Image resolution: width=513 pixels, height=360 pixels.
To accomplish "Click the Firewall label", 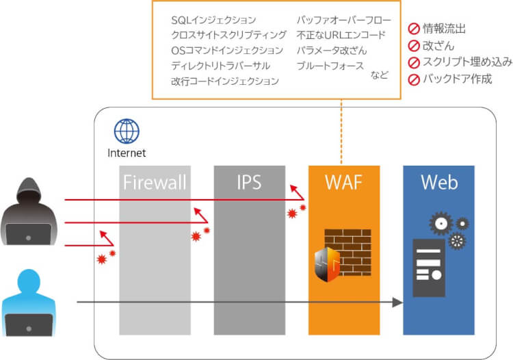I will point(154,183).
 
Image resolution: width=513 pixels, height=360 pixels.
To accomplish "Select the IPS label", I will point(249,183).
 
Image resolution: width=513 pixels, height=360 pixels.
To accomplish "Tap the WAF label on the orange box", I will point(344,183).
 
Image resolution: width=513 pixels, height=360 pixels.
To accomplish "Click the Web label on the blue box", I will point(438,183).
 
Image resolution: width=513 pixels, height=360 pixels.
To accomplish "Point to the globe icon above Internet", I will point(127,131).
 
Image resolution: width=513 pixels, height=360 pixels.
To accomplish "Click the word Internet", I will point(127,153).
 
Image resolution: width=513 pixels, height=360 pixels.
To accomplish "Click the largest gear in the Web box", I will point(441,223).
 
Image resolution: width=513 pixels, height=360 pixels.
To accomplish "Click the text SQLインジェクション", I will point(213,20).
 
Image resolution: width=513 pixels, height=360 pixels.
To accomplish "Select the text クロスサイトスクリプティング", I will point(228,35).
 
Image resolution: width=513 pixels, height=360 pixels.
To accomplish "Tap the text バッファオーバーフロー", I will point(343,20).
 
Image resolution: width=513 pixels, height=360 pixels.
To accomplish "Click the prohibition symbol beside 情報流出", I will point(414,29).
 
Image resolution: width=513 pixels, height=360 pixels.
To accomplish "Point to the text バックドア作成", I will point(458,79).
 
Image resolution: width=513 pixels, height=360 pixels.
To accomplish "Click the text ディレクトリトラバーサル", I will point(220,66).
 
